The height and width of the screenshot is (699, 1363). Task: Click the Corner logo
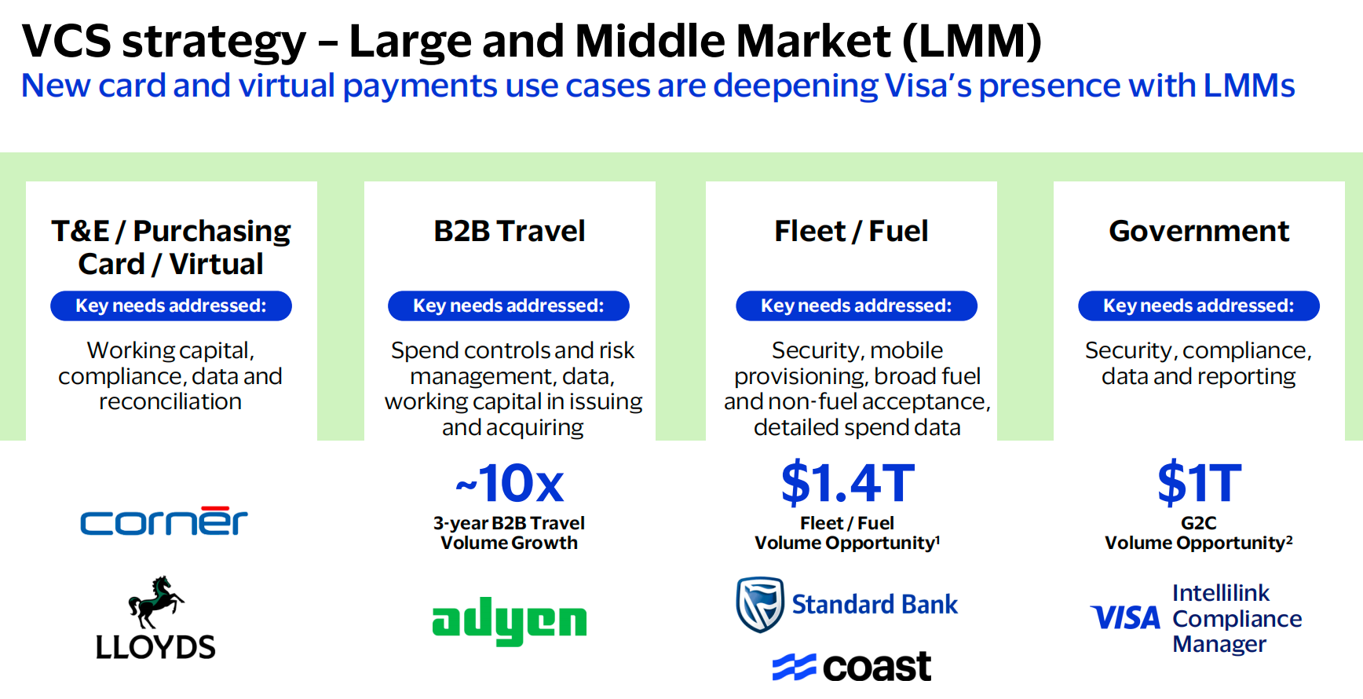point(163,522)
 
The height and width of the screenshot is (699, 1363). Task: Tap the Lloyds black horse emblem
point(155,601)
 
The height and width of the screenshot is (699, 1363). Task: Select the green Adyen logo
point(509,620)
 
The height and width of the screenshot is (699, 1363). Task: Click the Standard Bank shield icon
point(759,604)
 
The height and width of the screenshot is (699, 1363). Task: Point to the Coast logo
point(852,667)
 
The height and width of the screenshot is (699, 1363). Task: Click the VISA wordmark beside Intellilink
point(1125,618)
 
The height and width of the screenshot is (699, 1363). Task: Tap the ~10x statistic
point(510,483)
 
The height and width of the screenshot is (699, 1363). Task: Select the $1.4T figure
point(847,483)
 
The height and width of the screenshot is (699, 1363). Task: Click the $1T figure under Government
point(1199,483)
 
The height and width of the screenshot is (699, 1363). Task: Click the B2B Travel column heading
point(510,231)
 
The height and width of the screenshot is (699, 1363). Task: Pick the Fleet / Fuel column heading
point(851,231)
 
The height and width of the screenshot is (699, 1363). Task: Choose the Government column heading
point(1199,231)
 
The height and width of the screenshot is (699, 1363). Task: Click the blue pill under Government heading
point(1198,306)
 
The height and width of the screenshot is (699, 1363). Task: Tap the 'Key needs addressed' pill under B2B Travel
point(509,306)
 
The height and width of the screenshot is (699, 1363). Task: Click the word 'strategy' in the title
point(214,42)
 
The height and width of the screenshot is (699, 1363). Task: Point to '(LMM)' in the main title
point(972,42)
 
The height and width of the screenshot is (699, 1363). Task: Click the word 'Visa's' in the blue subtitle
point(927,86)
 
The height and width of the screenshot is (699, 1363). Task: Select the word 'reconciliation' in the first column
point(170,401)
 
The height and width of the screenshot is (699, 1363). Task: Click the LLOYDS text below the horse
point(155,647)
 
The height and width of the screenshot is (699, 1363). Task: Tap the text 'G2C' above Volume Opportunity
point(1198,523)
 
